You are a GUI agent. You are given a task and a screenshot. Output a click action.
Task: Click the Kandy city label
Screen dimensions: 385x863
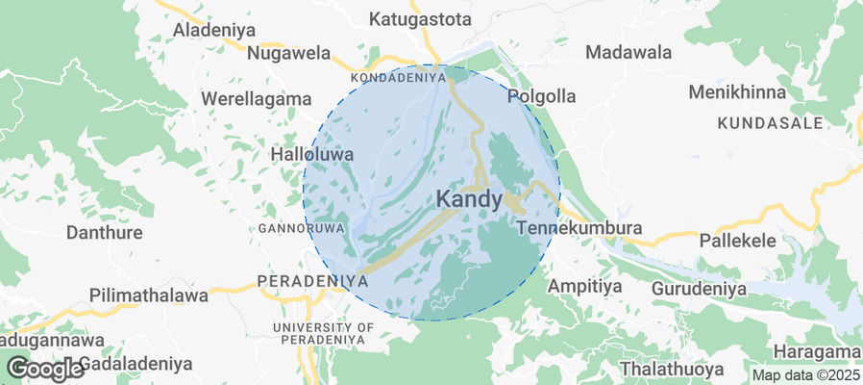coord(469,199)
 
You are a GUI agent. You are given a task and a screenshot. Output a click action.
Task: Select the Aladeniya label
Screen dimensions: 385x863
coord(213,30)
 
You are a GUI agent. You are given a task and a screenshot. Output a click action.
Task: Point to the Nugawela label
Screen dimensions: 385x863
coord(288,54)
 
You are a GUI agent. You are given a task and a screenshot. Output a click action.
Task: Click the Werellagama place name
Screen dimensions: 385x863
coord(257,98)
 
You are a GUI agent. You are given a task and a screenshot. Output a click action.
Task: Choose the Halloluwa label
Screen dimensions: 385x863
coord(312,154)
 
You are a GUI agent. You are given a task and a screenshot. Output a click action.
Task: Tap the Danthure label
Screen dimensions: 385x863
coord(104,232)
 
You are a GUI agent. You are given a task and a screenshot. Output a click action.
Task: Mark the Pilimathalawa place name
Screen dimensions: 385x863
coord(148,295)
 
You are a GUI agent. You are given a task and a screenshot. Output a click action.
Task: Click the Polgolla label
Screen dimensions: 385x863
coord(541,96)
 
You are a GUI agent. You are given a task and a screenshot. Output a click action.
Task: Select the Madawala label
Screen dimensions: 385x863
coord(629,52)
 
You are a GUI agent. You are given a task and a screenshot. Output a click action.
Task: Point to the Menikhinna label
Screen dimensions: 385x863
coord(737,93)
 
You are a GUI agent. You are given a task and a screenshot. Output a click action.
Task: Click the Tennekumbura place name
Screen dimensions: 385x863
coord(579,229)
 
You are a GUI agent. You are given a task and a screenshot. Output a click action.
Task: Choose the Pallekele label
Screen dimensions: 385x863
coord(738,240)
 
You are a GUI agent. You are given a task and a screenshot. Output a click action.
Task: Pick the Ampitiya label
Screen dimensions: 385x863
coord(584,286)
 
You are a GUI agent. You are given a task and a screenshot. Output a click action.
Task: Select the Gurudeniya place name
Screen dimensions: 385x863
coord(699,288)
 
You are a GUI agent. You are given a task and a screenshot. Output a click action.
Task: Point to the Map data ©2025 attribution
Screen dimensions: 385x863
coord(804,374)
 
